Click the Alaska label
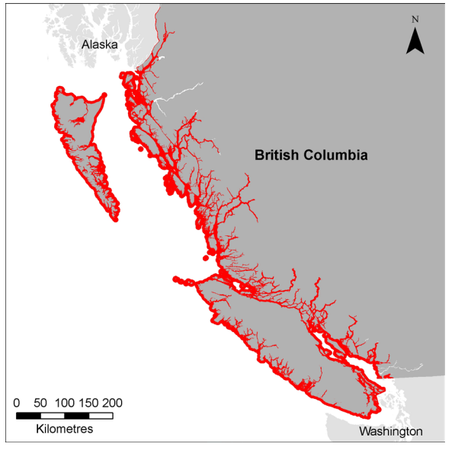click(x=101, y=45)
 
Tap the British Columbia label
click(x=311, y=155)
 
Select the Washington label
click(x=390, y=432)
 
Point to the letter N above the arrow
click(x=415, y=18)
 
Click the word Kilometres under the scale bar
click(x=64, y=429)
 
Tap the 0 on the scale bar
click(x=17, y=403)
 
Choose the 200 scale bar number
click(x=113, y=403)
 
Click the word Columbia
click(x=336, y=155)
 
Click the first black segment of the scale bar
click(x=28, y=416)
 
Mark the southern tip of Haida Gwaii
click(x=115, y=218)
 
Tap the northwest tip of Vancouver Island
click(x=177, y=279)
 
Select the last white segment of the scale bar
click(x=101, y=416)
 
